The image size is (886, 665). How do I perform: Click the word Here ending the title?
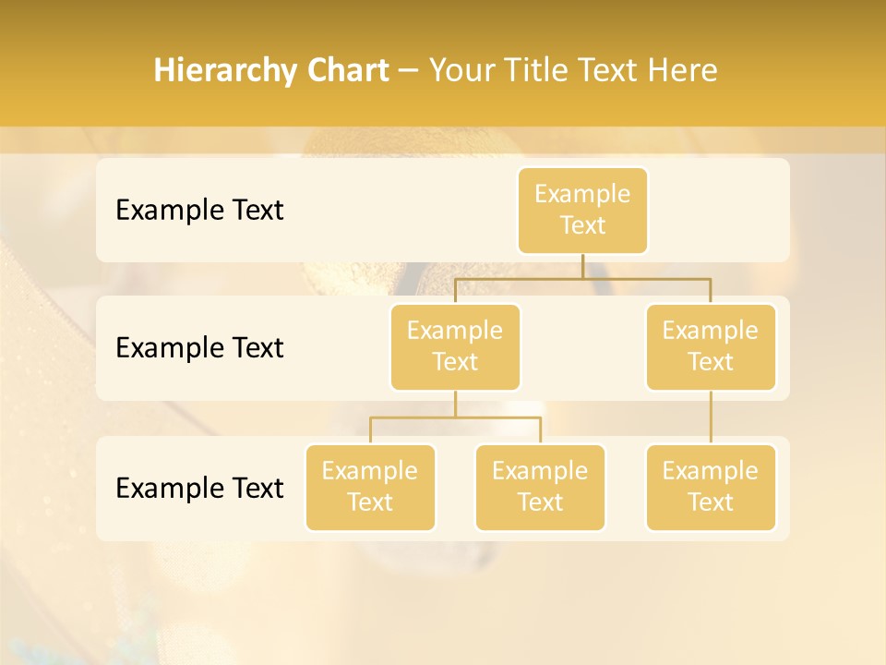pos(682,71)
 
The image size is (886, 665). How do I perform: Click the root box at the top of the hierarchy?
pos(582,211)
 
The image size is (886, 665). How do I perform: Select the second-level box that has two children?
pos(455,347)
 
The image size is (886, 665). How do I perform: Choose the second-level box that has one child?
pos(711,347)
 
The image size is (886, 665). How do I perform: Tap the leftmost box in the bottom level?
pos(370,488)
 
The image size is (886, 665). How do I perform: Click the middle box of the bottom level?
pos(540,488)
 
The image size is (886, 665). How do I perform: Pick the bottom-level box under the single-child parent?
pos(711,488)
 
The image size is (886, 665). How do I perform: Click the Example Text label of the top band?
pos(199,211)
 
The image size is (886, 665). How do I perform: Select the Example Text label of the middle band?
pos(199,348)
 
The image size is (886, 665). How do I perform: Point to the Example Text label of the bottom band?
pos(199,488)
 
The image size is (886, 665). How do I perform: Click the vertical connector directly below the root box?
pos(582,266)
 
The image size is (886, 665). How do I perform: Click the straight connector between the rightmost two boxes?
pos(711,417)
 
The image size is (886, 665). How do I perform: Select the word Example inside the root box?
pos(582,194)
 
